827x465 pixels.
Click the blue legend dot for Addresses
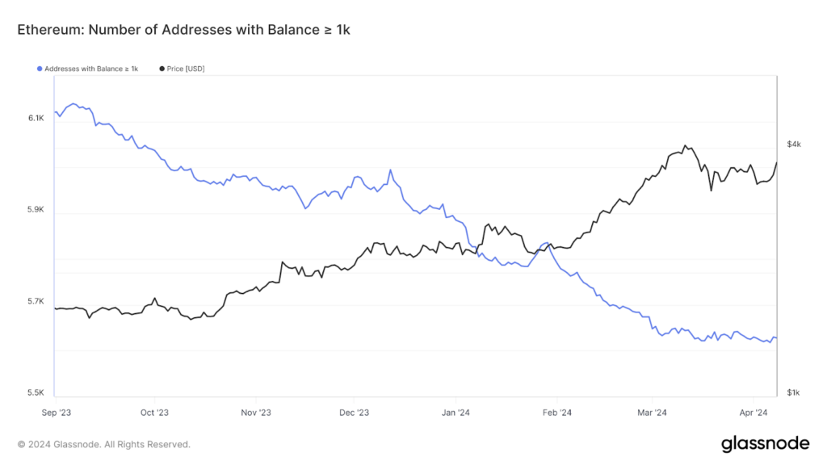[40, 69]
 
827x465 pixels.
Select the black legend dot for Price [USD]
[162, 69]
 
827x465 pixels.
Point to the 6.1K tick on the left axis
[36, 118]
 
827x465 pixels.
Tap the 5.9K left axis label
[36, 210]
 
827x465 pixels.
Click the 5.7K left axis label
[36, 302]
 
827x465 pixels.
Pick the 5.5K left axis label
[36, 393]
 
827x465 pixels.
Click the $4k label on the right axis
[794, 144]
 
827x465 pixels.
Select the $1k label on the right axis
[794, 393]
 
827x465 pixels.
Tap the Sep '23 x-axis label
[55, 412]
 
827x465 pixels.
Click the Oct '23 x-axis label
[154, 412]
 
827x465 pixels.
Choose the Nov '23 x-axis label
[254, 412]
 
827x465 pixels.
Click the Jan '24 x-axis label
[455, 412]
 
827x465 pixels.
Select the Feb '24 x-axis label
[556, 412]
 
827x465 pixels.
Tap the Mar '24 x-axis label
[652, 412]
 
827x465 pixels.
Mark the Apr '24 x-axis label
[753, 412]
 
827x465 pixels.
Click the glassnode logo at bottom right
[765, 443]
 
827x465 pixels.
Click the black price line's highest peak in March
[685, 146]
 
